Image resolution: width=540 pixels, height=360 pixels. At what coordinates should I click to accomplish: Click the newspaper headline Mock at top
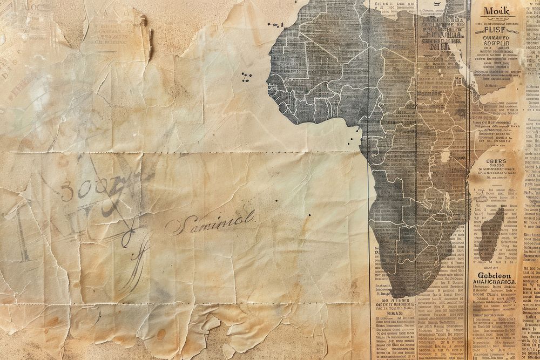tap(496, 11)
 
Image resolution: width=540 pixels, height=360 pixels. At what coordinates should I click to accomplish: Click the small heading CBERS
tap(496, 161)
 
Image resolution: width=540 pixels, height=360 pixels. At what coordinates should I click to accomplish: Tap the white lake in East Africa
tap(445, 157)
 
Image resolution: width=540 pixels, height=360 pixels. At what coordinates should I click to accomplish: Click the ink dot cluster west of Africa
tap(246, 76)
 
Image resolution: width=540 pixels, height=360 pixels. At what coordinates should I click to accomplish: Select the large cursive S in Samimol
tap(174, 226)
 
